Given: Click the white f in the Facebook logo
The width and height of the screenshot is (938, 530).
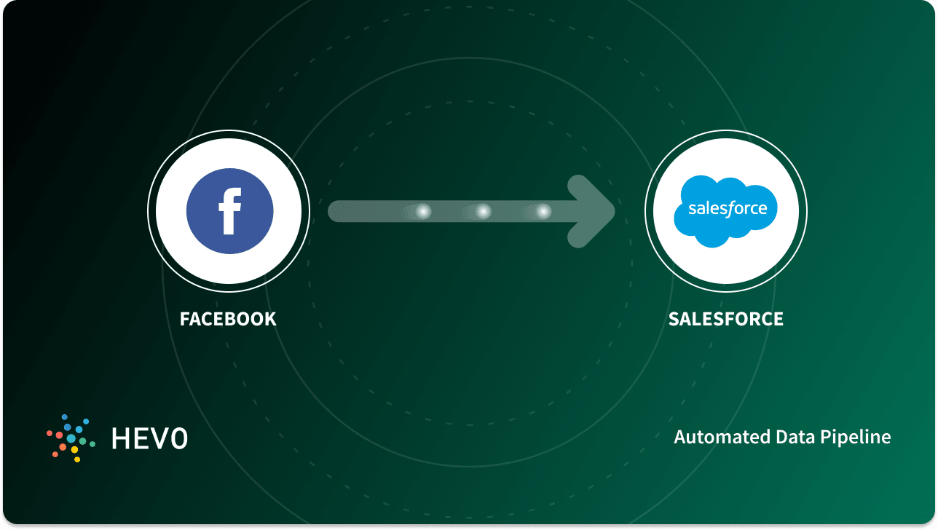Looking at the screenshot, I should (x=229, y=212).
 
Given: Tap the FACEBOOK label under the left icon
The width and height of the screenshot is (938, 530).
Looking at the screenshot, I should (x=228, y=319).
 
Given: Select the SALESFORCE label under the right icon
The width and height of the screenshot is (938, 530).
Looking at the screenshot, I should (x=725, y=319).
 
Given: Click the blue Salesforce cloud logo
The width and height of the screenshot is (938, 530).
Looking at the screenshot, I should (x=725, y=210).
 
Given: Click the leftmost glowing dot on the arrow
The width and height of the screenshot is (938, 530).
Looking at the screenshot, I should (x=422, y=212).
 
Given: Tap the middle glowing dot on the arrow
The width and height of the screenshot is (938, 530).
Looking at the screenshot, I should (x=483, y=212).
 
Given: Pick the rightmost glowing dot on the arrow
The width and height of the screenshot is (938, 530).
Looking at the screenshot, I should (x=543, y=212).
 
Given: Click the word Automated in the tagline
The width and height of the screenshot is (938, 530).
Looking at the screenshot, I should (x=716, y=437).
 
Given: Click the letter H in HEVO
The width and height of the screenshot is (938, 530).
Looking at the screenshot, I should (x=120, y=438).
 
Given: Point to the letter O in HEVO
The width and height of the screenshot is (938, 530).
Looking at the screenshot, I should (x=179, y=438).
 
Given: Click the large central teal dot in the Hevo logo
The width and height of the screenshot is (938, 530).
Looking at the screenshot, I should (x=71, y=438).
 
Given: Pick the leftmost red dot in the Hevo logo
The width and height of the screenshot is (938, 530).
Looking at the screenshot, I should (x=49, y=433).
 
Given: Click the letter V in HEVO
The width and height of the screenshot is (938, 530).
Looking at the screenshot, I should (x=159, y=438).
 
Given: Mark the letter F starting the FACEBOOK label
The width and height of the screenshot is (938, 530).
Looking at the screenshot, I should (x=184, y=319).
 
